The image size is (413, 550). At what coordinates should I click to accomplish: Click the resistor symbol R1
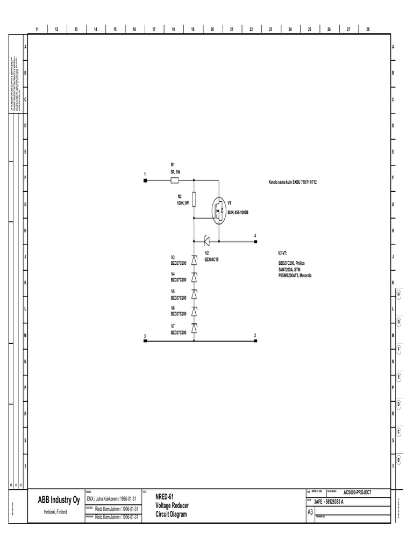pyautogui.click(x=175, y=181)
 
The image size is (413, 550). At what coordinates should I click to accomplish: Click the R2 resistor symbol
pyautogui.click(x=194, y=200)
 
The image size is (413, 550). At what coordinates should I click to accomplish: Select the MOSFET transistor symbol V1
pyautogui.click(x=218, y=209)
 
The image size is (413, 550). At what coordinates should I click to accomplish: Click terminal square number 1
pyautogui.click(x=145, y=181)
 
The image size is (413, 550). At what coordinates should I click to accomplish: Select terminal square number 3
pyautogui.click(x=145, y=341)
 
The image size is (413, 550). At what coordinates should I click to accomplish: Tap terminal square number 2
pyautogui.click(x=255, y=341)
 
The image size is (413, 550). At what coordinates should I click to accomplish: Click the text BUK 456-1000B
pyautogui.click(x=238, y=213)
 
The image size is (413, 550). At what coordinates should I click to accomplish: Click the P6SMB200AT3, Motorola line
pyautogui.click(x=295, y=275)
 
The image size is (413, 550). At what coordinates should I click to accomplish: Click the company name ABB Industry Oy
pyautogui.click(x=59, y=501)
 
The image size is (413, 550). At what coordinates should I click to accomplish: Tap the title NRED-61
pyautogui.click(x=165, y=496)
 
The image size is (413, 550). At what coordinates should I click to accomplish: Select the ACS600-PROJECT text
pyautogui.click(x=357, y=492)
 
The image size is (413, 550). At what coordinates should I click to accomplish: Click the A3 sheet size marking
pyautogui.click(x=310, y=512)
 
